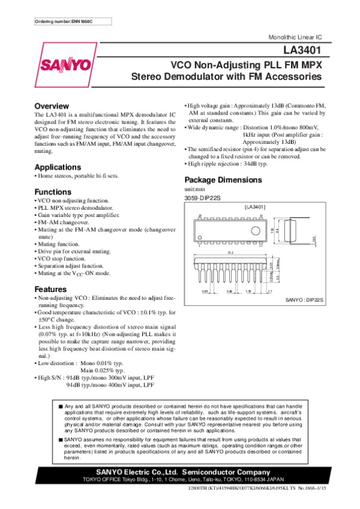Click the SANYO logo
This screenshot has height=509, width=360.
(x=66, y=65)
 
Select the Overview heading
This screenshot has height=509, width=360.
(x=52, y=106)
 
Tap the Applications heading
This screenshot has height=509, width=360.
(x=58, y=167)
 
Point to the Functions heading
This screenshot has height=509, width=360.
(x=54, y=192)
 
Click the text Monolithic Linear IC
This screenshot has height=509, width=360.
(x=298, y=38)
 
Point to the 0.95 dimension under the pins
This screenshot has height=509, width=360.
(x=205, y=291)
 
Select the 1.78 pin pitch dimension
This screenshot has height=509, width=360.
(x=247, y=291)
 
